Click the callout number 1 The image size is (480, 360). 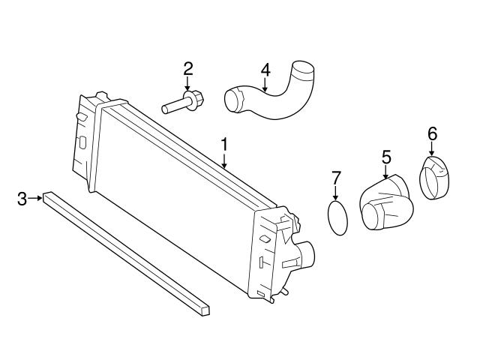(x=225, y=145)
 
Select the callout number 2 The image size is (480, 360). (x=188, y=69)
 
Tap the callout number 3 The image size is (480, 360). (x=22, y=199)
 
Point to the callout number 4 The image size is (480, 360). (x=265, y=70)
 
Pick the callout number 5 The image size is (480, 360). (x=386, y=157)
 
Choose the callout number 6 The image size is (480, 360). (x=432, y=134)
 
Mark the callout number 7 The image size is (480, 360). (x=336, y=178)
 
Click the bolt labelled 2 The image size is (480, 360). (x=183, y=102)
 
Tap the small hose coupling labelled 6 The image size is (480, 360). (x=434, y=178)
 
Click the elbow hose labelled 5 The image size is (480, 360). (x=385, y=202)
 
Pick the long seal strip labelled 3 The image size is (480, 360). (x=126, y=253)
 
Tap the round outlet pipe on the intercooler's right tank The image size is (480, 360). (x=306, y=253)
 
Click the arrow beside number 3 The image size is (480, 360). (x=35, y=198)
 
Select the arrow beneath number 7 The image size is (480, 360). (x=336, y=193)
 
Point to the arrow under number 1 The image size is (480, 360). (x=225, y=160)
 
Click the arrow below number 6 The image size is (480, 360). (x=432, y=149)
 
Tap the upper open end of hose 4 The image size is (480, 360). (x=303, y=69)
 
